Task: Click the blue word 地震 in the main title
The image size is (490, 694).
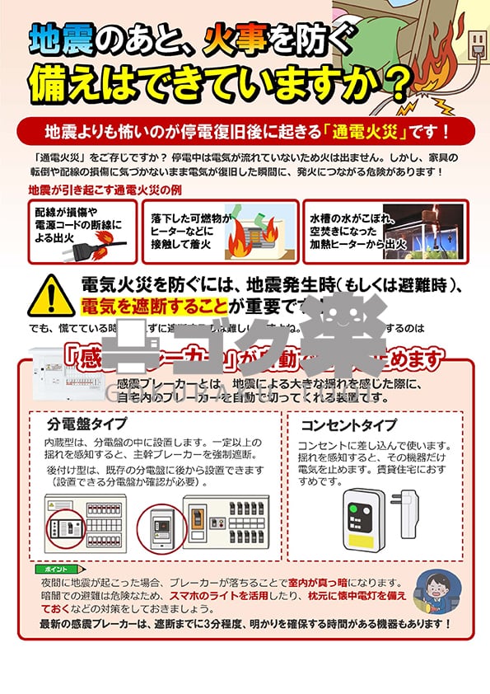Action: (55, 39)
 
